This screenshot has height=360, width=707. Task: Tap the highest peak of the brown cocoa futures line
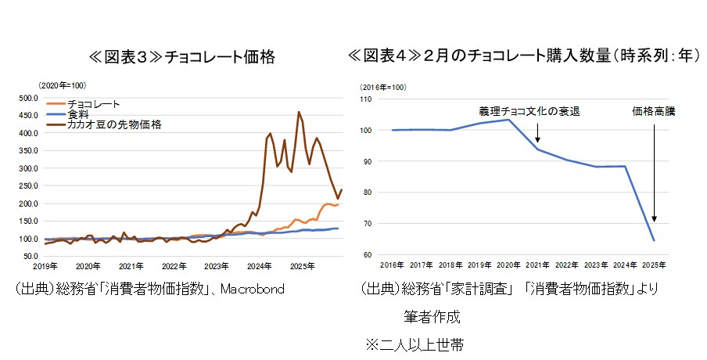point(299,112)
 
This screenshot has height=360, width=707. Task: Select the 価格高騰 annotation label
point(653,112)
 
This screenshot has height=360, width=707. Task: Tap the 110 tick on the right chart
point(367,99)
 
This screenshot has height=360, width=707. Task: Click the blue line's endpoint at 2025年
point(654,240)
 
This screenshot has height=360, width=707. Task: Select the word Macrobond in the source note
point(252,290)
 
